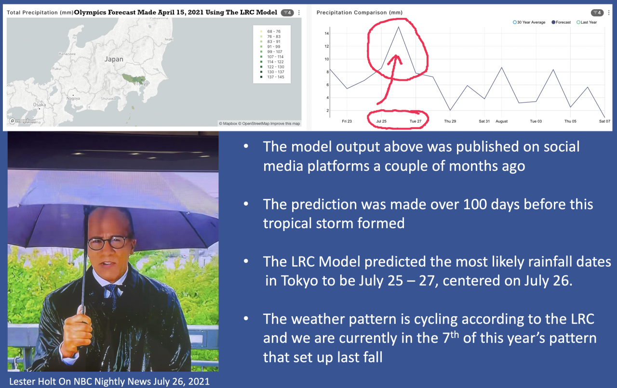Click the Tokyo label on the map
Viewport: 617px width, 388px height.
(x=142, y=83)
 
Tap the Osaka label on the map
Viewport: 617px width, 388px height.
(x=40, y=104)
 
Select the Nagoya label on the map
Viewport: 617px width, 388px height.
(x=74, y=98)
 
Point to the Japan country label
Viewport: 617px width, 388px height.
(x=114, y=59)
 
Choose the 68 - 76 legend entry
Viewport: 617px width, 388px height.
(x=270, y=31)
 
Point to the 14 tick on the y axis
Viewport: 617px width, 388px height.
(x=327, y=33)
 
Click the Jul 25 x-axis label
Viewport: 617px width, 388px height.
(x=381, y=121)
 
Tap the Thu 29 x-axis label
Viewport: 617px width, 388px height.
(x=450, y=121)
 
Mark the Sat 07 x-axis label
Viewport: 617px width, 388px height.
(x=604, y=121)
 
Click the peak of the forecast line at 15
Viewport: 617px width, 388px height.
(x=399, y=27)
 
